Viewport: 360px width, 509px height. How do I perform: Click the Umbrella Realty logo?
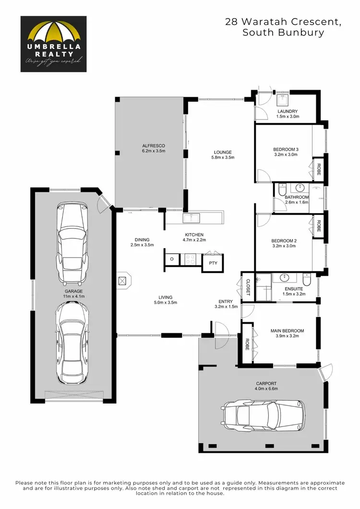(x=53, y=44)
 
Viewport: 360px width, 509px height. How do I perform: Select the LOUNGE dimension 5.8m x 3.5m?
(x=223, y=158)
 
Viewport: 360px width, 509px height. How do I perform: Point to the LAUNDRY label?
(x=288, y=111)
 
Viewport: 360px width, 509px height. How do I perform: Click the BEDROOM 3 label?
(x=286, y=149)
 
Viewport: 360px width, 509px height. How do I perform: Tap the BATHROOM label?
(x=296, y=197)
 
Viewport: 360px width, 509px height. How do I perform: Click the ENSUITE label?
(x=295, y=288)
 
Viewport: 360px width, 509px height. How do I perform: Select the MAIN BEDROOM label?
(x=287, y=331)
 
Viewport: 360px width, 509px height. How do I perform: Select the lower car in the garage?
(x=72, y=342)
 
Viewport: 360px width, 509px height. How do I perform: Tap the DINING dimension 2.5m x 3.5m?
(x=142, y=245)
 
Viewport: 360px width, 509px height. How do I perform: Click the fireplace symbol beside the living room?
(x=123, y=281)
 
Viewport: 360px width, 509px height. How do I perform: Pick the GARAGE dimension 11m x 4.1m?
(x=74, y=297)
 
